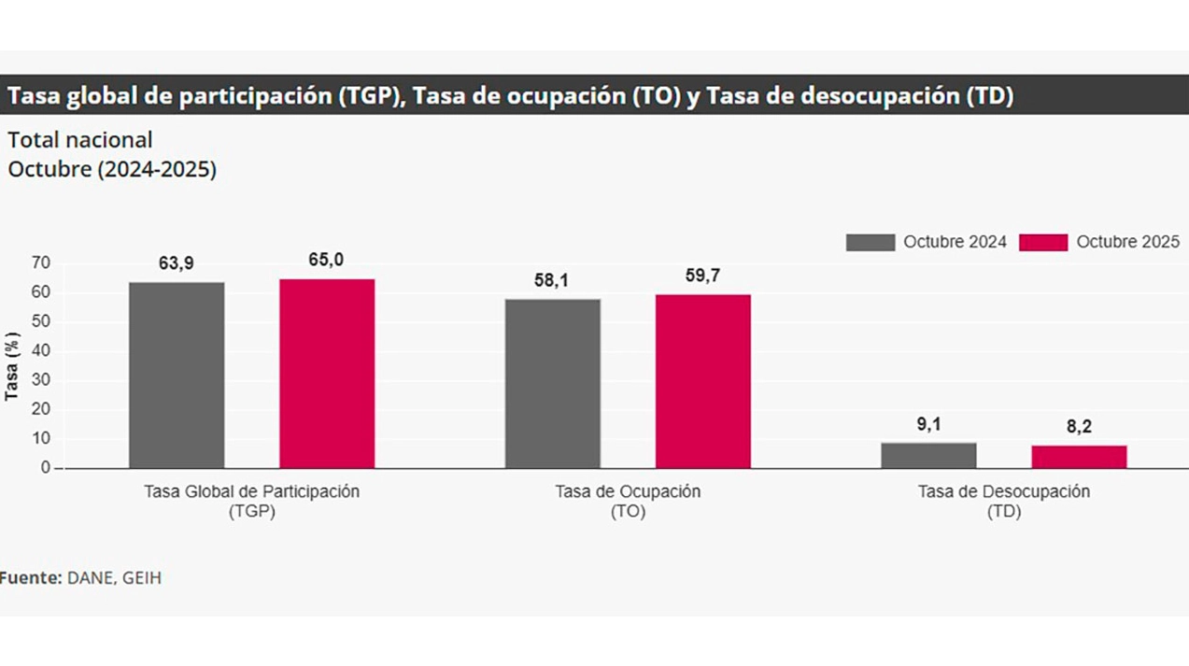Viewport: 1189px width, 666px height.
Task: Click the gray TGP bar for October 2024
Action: tap(177, 375)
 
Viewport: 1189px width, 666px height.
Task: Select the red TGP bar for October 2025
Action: tap(327, 373)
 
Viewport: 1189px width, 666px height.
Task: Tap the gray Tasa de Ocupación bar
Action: tap(553, 383)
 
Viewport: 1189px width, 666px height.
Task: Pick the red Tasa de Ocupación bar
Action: tap(703, 381)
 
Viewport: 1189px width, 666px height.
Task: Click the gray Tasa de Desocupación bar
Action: tap(928, 455)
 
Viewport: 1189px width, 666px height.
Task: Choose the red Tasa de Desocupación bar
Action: tap(1079, 457)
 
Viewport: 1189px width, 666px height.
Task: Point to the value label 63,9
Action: tap(176, 263)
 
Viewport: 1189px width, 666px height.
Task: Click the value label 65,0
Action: tap(326, 260)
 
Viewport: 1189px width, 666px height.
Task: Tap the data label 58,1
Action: tap(552, 280)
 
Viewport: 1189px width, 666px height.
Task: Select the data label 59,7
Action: tap(702, 276)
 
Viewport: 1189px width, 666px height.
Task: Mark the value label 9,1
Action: tap(928, 424)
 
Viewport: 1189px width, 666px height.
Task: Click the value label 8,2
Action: tap(1079, 427)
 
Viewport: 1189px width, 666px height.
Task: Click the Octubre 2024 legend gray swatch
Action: tap(870, 242)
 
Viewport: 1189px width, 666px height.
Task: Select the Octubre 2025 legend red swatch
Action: tap(1042, 242)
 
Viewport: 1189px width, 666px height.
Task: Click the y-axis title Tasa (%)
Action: tap(12, 365)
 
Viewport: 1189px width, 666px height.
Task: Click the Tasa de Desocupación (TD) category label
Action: tap(1003, 502)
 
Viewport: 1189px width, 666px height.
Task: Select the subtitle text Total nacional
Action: tap(80, 140)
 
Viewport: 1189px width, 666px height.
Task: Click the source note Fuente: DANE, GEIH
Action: tap(80, 578)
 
